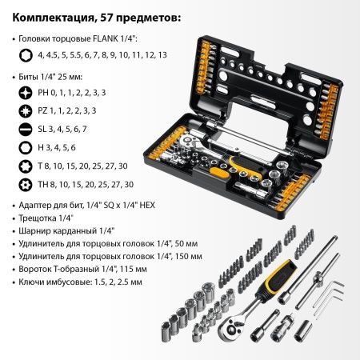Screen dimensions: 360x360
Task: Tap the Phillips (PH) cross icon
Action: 25,92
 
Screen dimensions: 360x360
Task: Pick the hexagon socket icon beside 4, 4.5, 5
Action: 25,56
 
